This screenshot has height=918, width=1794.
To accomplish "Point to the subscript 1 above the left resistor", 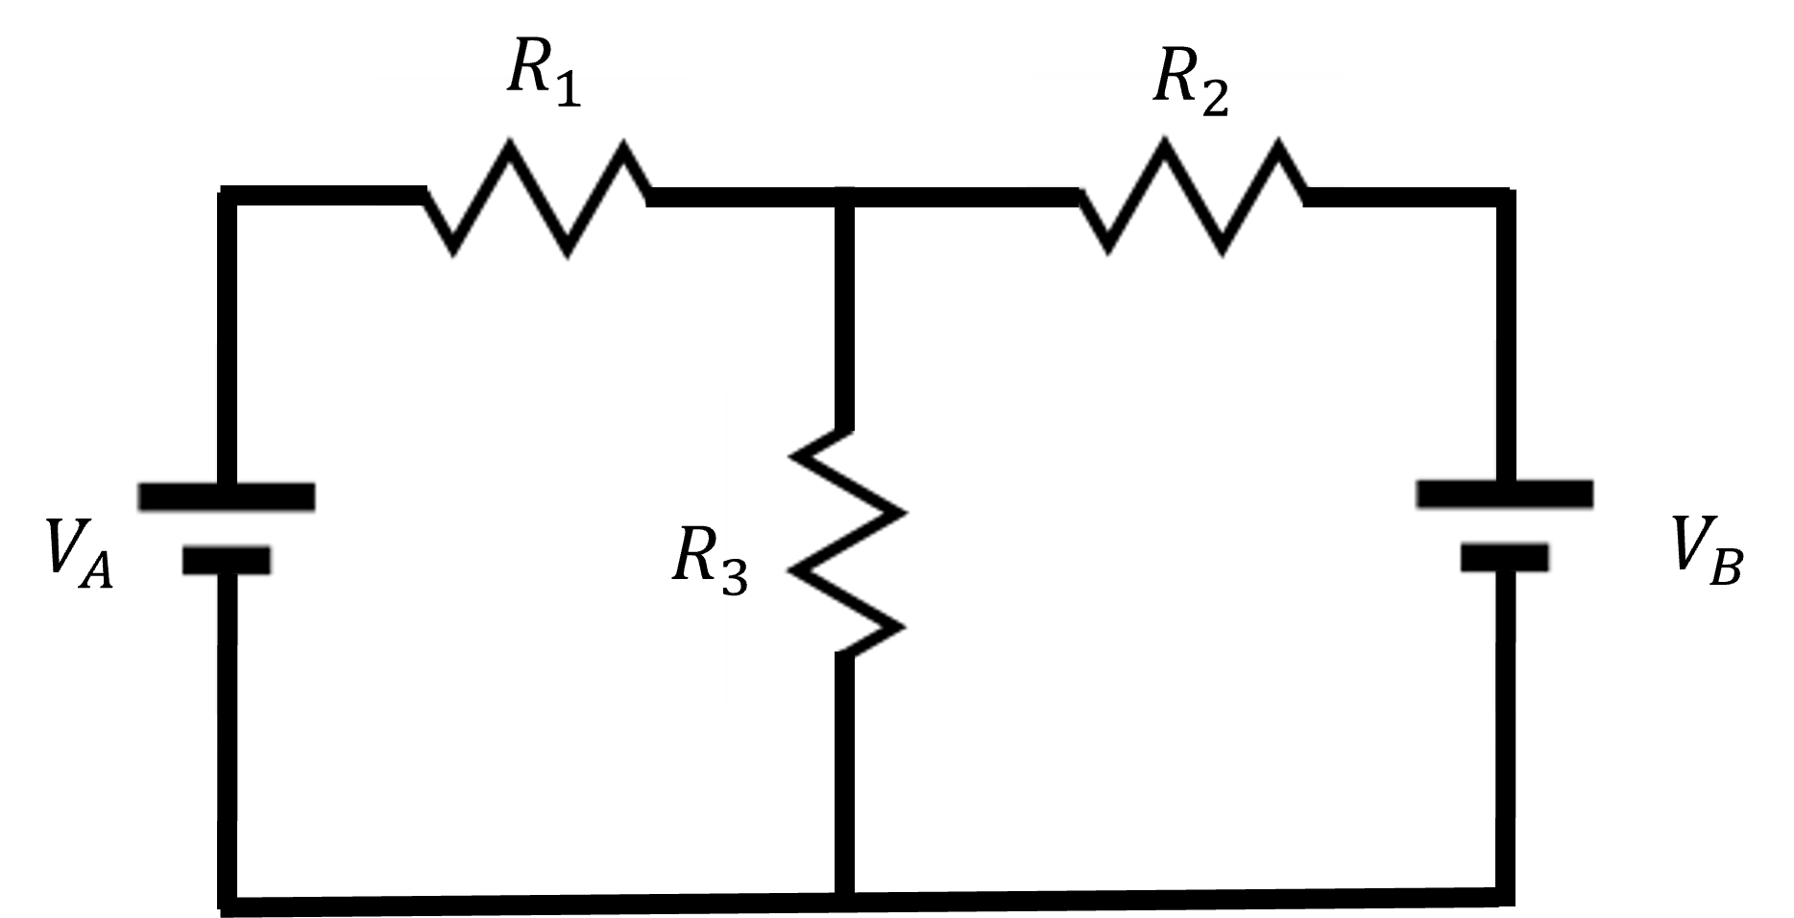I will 569,92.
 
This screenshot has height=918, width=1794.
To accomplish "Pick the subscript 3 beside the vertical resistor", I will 735,579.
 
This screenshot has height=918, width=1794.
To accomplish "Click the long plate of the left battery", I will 227,496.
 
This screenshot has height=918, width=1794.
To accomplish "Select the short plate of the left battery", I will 227,560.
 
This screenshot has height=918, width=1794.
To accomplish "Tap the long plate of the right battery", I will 1504,494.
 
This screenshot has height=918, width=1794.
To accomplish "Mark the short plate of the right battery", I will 1505,557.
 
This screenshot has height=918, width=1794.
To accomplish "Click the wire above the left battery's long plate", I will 227,413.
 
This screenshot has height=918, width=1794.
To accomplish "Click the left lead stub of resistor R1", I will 398,196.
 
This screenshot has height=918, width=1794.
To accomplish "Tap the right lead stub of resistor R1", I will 668,197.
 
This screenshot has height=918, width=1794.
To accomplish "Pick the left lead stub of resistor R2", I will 1053,197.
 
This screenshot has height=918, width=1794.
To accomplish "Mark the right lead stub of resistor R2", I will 1323,197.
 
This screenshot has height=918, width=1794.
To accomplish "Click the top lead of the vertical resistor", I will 844,411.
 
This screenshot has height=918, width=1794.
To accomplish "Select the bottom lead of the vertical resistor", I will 844,682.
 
